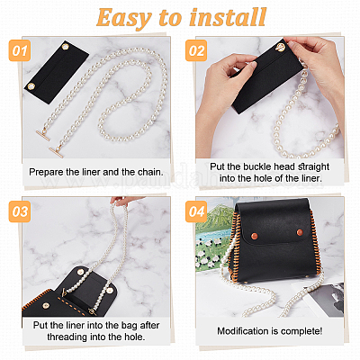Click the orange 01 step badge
pyautogui.click(x=20, y=50)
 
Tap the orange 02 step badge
pyautogui.click(x=196, y=50)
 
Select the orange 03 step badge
pyautogui.click(x=20, y=211)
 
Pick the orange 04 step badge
pyautogui.click(x=196, y=211)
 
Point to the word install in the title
pyautogui.click(x=228, y=17)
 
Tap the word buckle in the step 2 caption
pyautogui.click(x=256, y=166)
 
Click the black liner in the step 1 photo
pyautogui.click(x=57, y=72)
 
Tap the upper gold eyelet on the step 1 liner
pyautogui.click(x=66, y=47)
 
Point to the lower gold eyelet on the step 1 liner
pyautogui.click(x=31, y=86)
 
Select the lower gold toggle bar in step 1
pyautogui.click(x=57, y=152)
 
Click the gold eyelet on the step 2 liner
pyautogui.click(x=280, y=48)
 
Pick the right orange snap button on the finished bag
pyautogui.click(x=300, y=231)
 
